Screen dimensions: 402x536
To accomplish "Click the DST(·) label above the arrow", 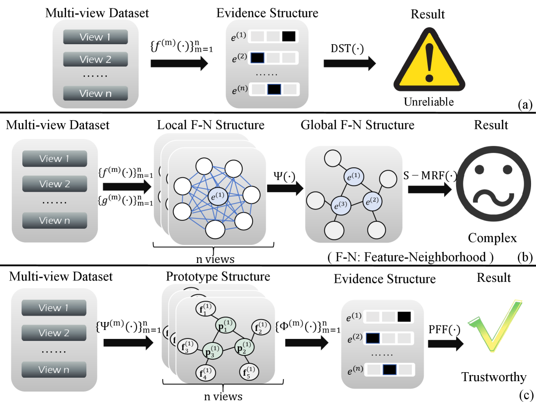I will tap(347, 48).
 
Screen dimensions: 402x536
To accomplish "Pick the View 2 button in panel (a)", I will tap(95, 60).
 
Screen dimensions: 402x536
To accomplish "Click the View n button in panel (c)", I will tap(54, 369).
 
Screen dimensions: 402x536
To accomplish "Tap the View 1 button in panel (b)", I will tap(54, 159).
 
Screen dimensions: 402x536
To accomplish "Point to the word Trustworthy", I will tap(493, 377).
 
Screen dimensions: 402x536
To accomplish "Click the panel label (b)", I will tap(524, 257).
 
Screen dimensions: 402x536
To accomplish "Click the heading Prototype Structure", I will tap(218, 276).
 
